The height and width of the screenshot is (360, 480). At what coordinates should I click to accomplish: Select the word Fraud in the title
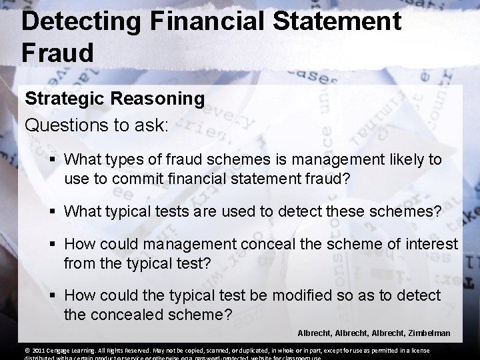point(57,53)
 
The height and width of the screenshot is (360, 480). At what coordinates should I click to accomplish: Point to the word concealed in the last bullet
point(122,314)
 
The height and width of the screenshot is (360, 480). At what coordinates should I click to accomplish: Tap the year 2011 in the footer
point(37,351)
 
